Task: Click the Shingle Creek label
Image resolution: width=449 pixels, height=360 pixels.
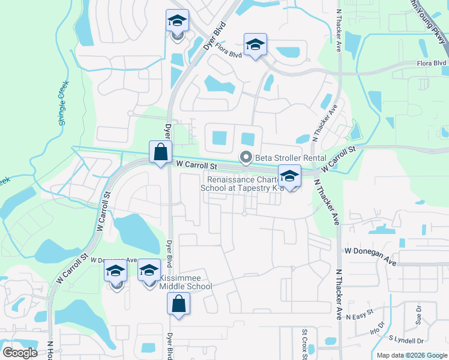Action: (64, 103)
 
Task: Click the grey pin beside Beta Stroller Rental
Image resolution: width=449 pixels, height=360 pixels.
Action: (245, 158)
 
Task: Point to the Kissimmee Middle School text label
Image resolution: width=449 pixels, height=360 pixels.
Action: (185, 282)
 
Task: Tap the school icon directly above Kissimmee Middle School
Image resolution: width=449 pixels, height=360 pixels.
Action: (149, 271)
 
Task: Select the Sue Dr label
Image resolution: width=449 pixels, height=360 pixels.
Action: (418, 312)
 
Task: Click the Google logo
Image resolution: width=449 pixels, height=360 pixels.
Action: (20, 353)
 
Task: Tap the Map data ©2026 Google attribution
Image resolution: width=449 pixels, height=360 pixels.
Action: (412, 355)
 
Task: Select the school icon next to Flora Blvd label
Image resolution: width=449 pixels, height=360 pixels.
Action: (255, 45)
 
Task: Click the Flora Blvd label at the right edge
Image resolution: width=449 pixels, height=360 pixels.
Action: (432, 63)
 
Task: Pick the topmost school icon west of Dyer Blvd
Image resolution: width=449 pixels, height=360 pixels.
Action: (177, 21)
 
